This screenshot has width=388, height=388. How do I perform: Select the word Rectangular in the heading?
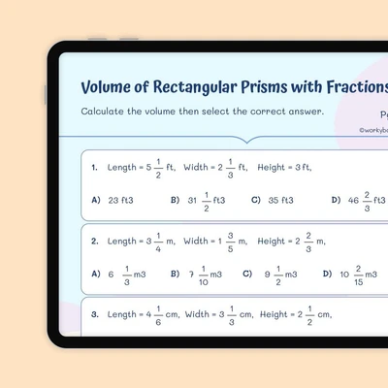point(195,88)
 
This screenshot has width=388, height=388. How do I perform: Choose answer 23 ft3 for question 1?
point(120,201)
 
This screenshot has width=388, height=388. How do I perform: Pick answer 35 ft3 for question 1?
point(280,201)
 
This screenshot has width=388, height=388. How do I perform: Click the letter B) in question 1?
point(175,200)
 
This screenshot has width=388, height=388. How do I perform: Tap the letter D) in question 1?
point(336,200)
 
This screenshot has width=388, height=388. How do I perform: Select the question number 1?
point(94,168)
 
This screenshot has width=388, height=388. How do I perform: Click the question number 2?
point(95,242)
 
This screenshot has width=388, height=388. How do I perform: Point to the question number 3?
point(95,314)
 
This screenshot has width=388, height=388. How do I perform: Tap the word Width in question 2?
point(196,241)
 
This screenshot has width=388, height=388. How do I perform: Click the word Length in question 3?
point(122,315)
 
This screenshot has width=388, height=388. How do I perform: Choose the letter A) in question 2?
point(96,274)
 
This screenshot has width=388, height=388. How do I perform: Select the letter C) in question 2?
point(247,274)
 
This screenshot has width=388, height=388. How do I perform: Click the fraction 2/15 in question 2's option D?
point(358,275)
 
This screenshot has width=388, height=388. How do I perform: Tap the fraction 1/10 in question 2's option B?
point(204,275)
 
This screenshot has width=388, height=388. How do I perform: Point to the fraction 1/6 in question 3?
point(158,315)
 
